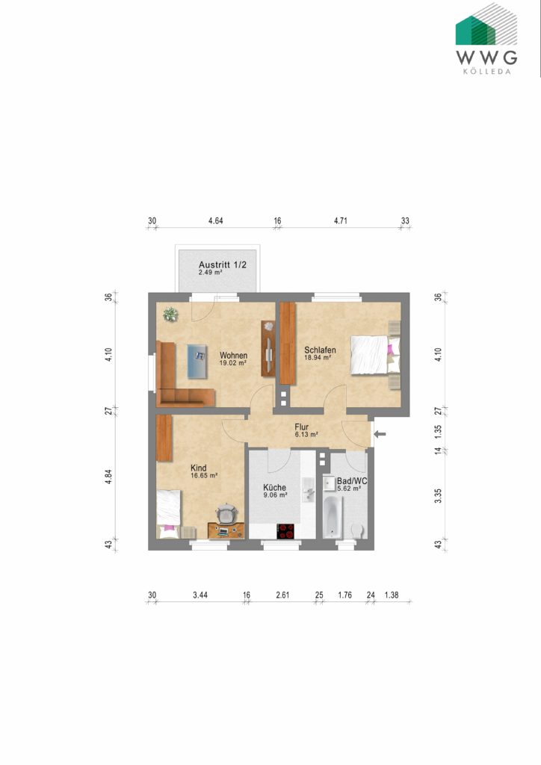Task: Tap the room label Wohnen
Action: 233,355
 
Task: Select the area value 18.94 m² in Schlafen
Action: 318,359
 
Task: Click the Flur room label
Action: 301,428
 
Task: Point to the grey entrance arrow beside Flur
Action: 379,434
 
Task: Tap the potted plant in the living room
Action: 171,315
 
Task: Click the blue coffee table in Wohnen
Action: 197,362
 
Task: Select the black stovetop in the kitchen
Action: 286,531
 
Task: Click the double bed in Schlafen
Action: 371,354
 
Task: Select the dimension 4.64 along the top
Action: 216,220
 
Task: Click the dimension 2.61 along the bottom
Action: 283,595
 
